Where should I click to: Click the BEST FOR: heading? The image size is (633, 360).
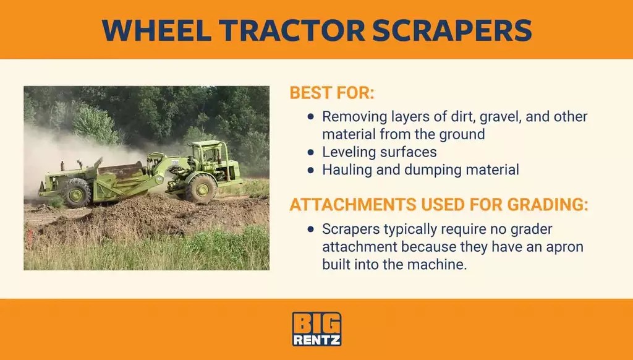coord(332,94)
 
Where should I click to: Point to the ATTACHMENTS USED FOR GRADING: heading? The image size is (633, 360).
coord(438,205)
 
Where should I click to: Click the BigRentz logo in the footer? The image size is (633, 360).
coord(316,329)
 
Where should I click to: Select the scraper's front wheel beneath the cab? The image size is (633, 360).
coord(201,188)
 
